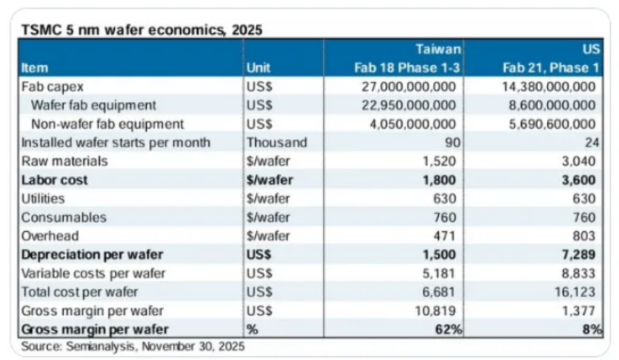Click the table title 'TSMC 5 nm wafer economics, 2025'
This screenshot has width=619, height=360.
142,30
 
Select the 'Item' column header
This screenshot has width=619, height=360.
35,68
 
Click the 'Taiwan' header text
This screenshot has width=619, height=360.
438,49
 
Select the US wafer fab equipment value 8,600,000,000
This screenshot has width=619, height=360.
550,105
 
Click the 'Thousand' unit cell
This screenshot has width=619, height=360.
277,143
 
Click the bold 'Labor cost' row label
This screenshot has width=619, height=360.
55,180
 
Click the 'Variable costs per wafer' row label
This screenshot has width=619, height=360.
94,274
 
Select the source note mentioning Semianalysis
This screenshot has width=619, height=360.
133,346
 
